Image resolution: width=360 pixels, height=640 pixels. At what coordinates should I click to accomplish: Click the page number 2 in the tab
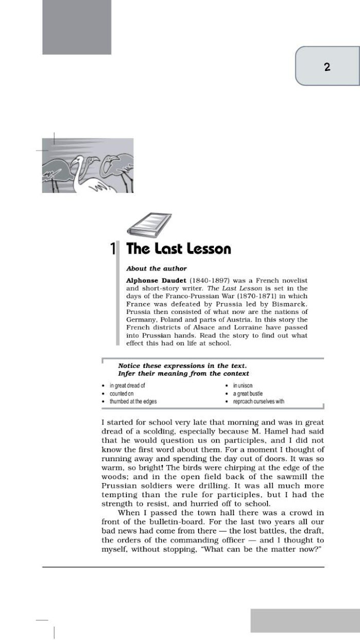click(327, 67)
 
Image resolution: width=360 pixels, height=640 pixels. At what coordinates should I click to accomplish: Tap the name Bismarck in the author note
click(292, 304)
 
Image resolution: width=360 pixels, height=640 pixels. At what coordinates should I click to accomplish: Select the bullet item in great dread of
click(127, 385)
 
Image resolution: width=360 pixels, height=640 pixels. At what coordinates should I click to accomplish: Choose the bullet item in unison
click(243, 385)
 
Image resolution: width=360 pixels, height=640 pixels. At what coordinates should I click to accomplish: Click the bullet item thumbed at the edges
click(133, 401)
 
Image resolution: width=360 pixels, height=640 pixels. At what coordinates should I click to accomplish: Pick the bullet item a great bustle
click(248, 394)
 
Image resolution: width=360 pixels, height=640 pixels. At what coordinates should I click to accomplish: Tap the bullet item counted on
click(121, 394)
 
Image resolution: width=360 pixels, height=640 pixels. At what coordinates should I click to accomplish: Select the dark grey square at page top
click(77, 27)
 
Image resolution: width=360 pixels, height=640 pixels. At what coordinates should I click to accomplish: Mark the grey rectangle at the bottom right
click(305, 620)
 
